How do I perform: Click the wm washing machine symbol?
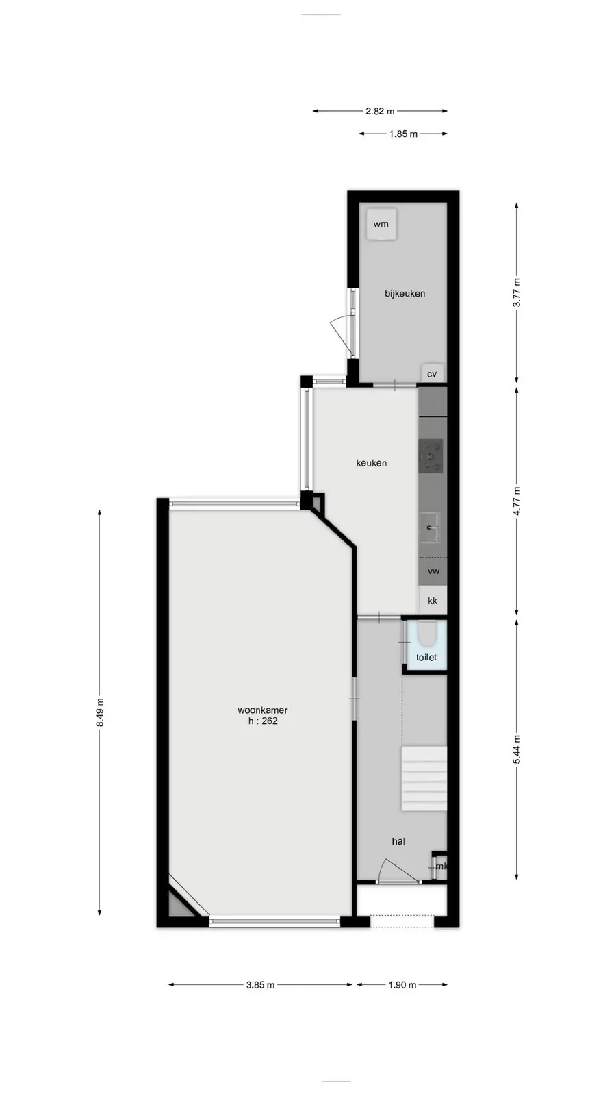382,224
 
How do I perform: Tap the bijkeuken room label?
405,294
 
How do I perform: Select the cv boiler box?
433,373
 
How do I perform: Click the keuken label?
372,463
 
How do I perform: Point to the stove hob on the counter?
431,456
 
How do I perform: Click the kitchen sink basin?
431,527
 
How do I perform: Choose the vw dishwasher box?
433,571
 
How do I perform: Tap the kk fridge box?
433,600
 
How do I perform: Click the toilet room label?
426,657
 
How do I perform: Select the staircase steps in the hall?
424,778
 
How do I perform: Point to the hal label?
398,841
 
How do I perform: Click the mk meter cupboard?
440,867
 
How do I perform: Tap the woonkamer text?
263,710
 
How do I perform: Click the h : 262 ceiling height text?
263,721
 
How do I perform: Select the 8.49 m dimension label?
100,712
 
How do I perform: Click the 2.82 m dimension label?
380,111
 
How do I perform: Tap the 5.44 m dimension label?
517,749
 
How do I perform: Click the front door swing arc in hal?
402,869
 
